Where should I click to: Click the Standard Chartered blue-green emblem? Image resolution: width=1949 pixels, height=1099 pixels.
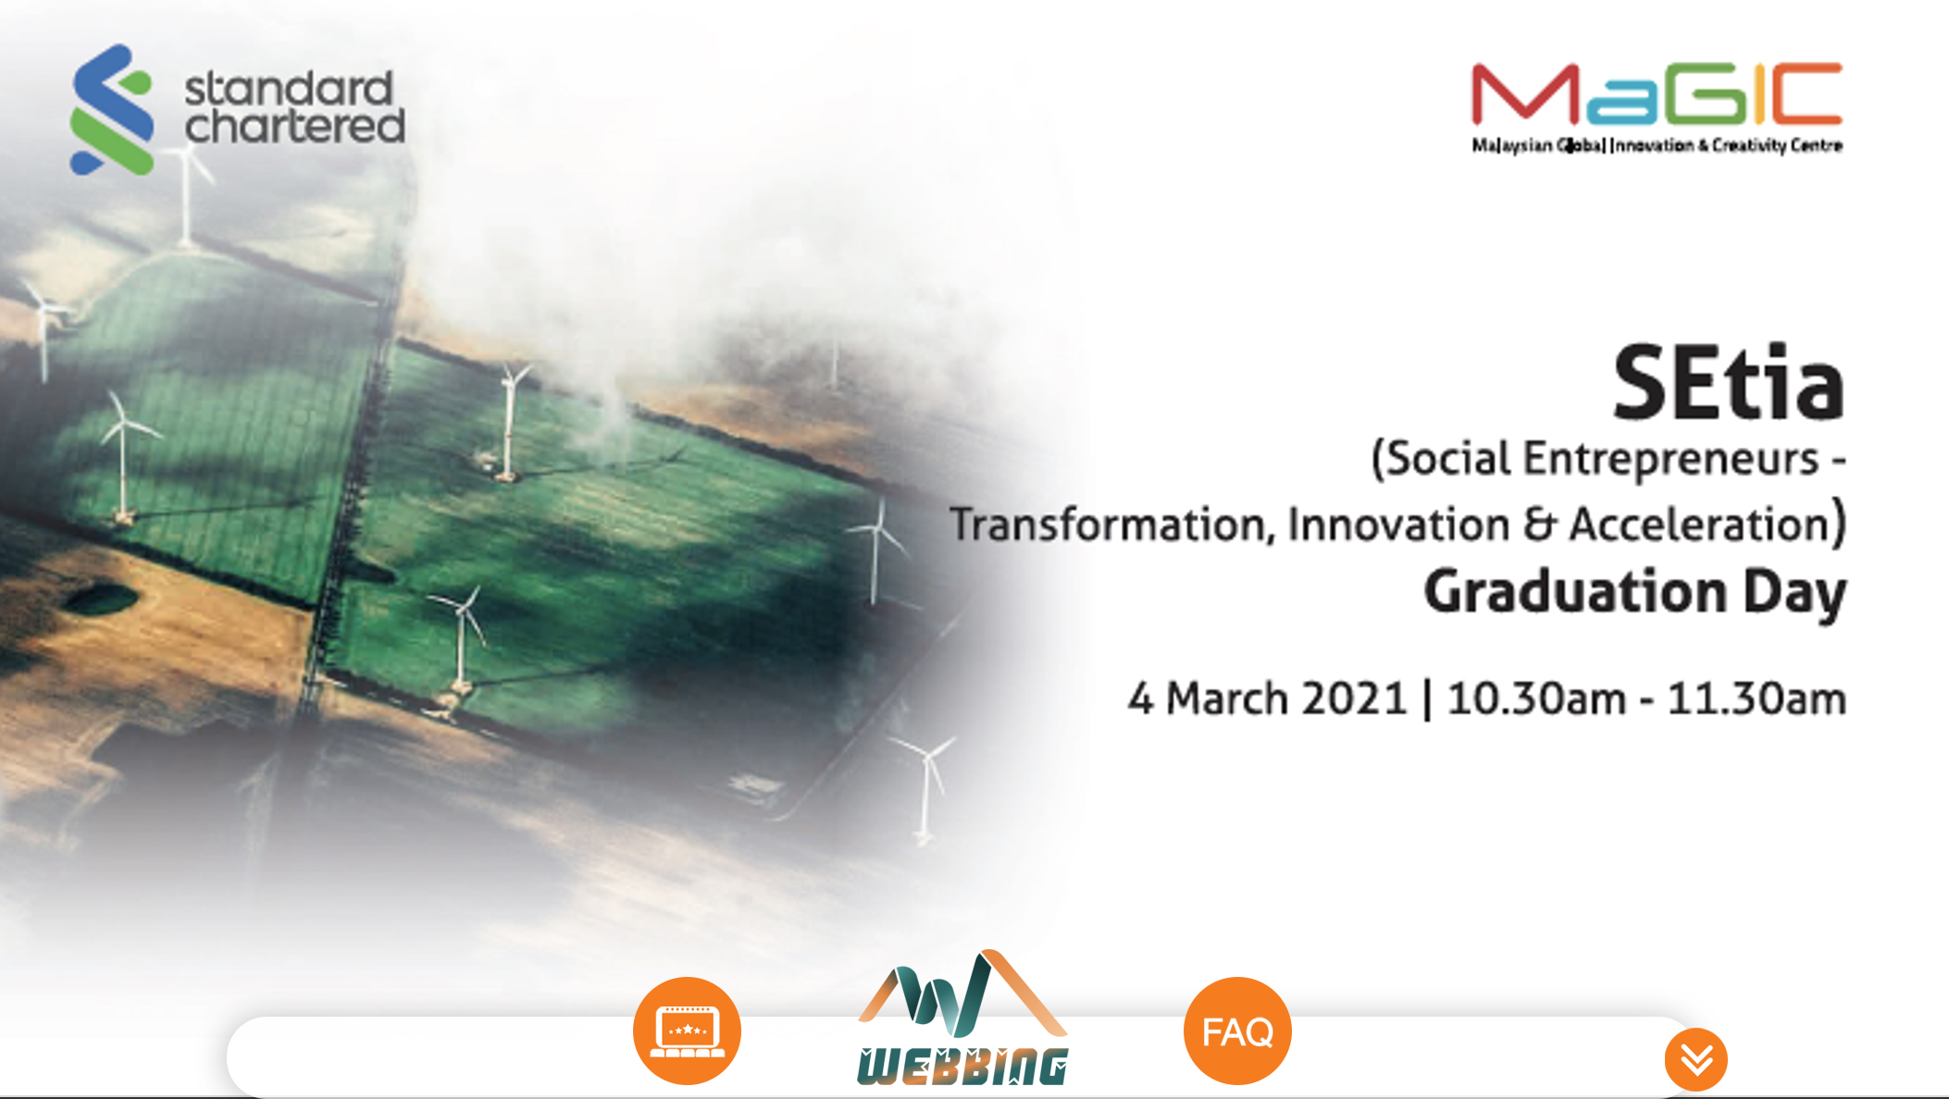coord(112,109)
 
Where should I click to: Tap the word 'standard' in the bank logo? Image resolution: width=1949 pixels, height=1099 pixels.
coord(289,89)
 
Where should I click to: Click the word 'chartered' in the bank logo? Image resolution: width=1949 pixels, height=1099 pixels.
coord(295,126)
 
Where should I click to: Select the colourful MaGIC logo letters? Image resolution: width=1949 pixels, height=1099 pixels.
coord(1657,94)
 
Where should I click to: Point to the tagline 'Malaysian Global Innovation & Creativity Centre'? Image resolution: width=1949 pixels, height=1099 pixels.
coord(1657,145)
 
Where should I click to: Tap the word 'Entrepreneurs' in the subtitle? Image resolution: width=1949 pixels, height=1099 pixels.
coord(1671,459)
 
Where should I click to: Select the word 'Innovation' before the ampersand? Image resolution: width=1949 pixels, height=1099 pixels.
coord(1398,525)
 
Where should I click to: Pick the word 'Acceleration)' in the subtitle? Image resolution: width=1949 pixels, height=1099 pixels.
coord(1708,523)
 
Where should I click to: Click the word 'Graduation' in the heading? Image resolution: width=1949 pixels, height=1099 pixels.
coord(1575,592)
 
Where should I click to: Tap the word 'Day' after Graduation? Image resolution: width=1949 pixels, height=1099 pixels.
coord(1795,594)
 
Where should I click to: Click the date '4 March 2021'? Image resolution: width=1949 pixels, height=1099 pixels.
coord(1267,698)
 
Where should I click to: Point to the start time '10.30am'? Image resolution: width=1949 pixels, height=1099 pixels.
coord(1536,698)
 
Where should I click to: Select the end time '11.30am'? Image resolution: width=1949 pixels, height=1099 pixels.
coord(1757,698)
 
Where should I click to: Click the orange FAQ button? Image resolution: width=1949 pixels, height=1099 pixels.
coord(1237,1031)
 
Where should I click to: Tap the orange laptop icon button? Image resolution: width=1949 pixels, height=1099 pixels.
coord(687,1031)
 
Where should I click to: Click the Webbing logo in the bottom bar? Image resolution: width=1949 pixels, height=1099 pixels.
coord(962,1018)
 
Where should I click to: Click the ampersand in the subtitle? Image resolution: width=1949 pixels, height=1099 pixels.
coord(1539,525)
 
